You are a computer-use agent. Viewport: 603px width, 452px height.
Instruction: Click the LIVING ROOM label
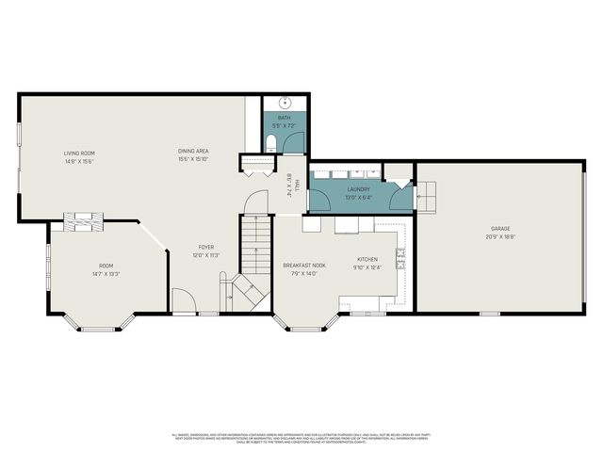pos(79,153)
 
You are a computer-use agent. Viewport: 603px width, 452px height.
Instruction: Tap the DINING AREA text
pos(193,152)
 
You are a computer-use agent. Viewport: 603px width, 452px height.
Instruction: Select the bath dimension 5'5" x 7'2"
pos(284,125)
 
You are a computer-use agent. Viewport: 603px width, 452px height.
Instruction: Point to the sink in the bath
pos(284,104)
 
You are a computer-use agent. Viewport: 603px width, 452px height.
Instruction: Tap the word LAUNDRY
pos(358,189)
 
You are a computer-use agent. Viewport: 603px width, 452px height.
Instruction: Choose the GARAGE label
pos(499,229)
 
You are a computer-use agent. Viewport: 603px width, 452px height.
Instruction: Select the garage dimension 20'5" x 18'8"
pos(499,236)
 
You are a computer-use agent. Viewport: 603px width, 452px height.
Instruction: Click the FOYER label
pos(206,248)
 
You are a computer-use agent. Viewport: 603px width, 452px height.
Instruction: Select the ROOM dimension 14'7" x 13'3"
pos(106,273)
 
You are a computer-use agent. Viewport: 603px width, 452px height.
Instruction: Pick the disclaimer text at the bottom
pos(301,438)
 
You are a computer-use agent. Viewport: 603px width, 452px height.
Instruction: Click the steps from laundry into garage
pos(427,195)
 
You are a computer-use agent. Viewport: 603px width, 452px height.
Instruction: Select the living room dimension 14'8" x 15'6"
pos(79,161)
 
